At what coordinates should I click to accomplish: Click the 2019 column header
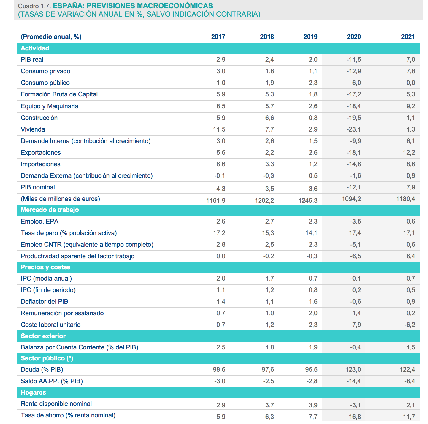[x=310, y=37]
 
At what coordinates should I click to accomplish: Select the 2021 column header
[x=408, y=37]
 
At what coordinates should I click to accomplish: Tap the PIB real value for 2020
[x=354, y=60]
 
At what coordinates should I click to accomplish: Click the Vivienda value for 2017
[x=219, y=129]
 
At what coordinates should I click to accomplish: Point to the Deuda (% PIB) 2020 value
[x=353, y=370]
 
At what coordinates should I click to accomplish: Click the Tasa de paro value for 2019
[x=311, y=233]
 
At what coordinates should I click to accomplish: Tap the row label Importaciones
[x=41, y=164]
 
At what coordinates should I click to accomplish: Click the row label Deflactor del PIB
[x=45, y=302]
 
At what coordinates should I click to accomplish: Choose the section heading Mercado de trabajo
[x=50, y=210]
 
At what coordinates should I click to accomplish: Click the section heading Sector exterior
[x=43, y=336]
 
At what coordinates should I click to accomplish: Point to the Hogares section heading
[x=33, y=393]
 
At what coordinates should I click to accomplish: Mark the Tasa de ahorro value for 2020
[x=355, y=417]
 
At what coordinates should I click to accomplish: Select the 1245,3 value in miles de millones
[x=308, y=201]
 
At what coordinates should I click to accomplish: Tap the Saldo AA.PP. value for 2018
[x=268, y=381]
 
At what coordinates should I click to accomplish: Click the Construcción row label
[x=39, y=118]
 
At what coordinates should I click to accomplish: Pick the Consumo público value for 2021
[x=410, y=83]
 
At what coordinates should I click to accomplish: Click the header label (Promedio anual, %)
[x=51, y=37]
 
